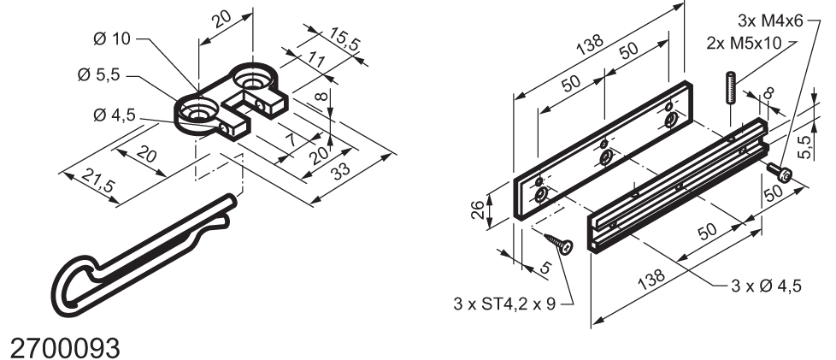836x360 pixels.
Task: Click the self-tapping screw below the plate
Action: point(561,245)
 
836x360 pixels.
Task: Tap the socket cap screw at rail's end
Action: point(781,174)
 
